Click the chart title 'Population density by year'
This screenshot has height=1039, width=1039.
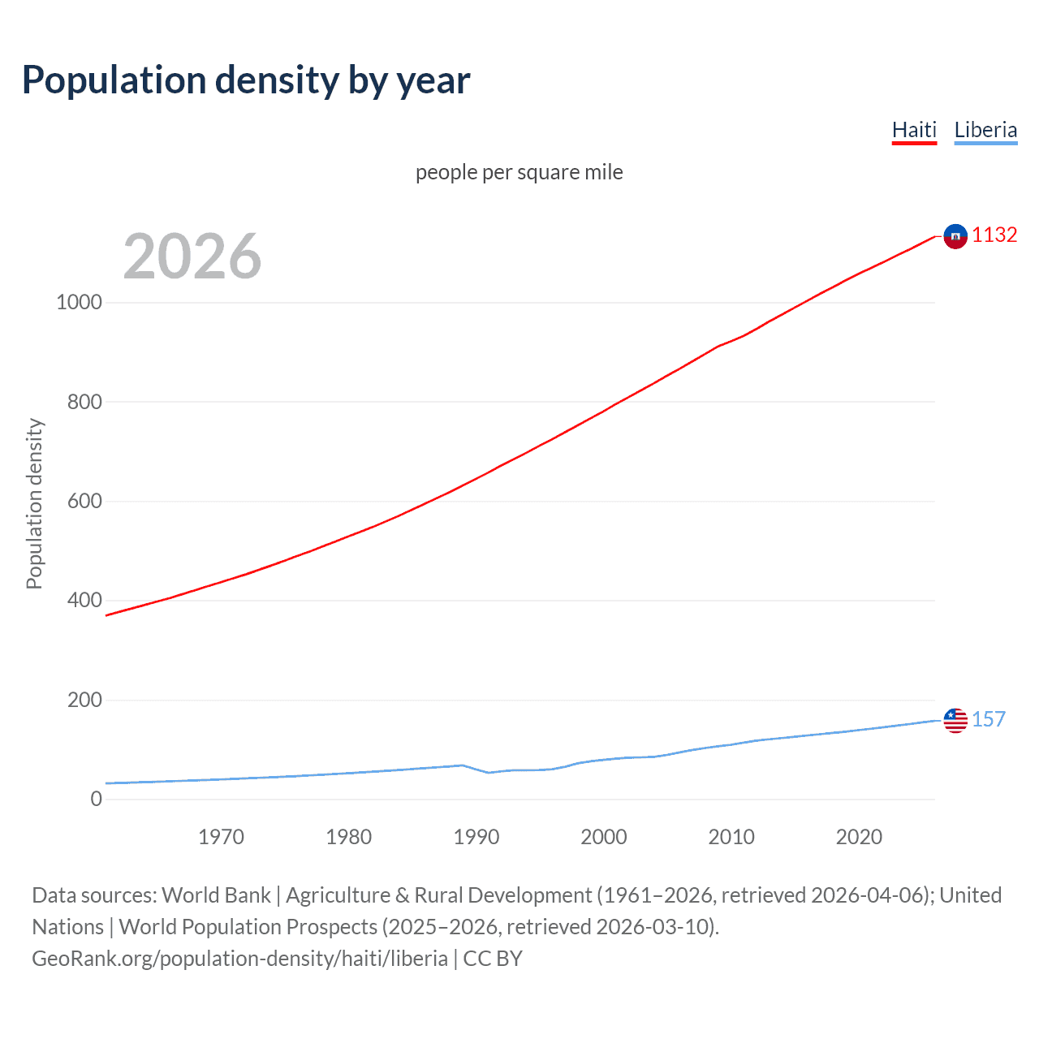(x=246, y=80)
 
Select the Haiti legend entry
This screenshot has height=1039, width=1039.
(x=914, y=130)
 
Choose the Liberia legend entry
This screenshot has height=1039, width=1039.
(x=985, y=130)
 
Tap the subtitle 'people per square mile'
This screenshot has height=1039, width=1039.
(x=519, y=173)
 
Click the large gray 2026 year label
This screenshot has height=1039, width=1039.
(x=192, y=257)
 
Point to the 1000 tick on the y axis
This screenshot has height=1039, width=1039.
(x=79, y=302)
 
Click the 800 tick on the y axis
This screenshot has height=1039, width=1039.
(x=84, y=402)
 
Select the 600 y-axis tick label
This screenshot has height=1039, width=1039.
(x=84, y=501)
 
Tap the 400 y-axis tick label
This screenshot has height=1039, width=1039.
(x=84, y=601)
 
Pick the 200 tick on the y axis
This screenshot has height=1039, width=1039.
(x=84, y=700)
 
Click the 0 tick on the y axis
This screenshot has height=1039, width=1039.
(x=97, y=799)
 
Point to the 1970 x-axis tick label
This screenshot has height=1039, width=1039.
(x=221, y=837)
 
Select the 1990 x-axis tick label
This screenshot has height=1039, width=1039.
(x=476, y=837)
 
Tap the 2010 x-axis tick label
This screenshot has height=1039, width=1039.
(x=731, y=837)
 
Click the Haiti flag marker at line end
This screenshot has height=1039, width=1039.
(x=955, y=236)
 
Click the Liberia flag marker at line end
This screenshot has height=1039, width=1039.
(x=955, y=720)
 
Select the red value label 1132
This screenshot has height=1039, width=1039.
(x=994, y=235)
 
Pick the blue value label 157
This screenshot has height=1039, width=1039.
(x=989, y=719)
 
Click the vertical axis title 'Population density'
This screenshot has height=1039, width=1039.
(x=34, y=503)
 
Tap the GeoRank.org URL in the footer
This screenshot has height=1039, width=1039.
(x=239, y=959)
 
